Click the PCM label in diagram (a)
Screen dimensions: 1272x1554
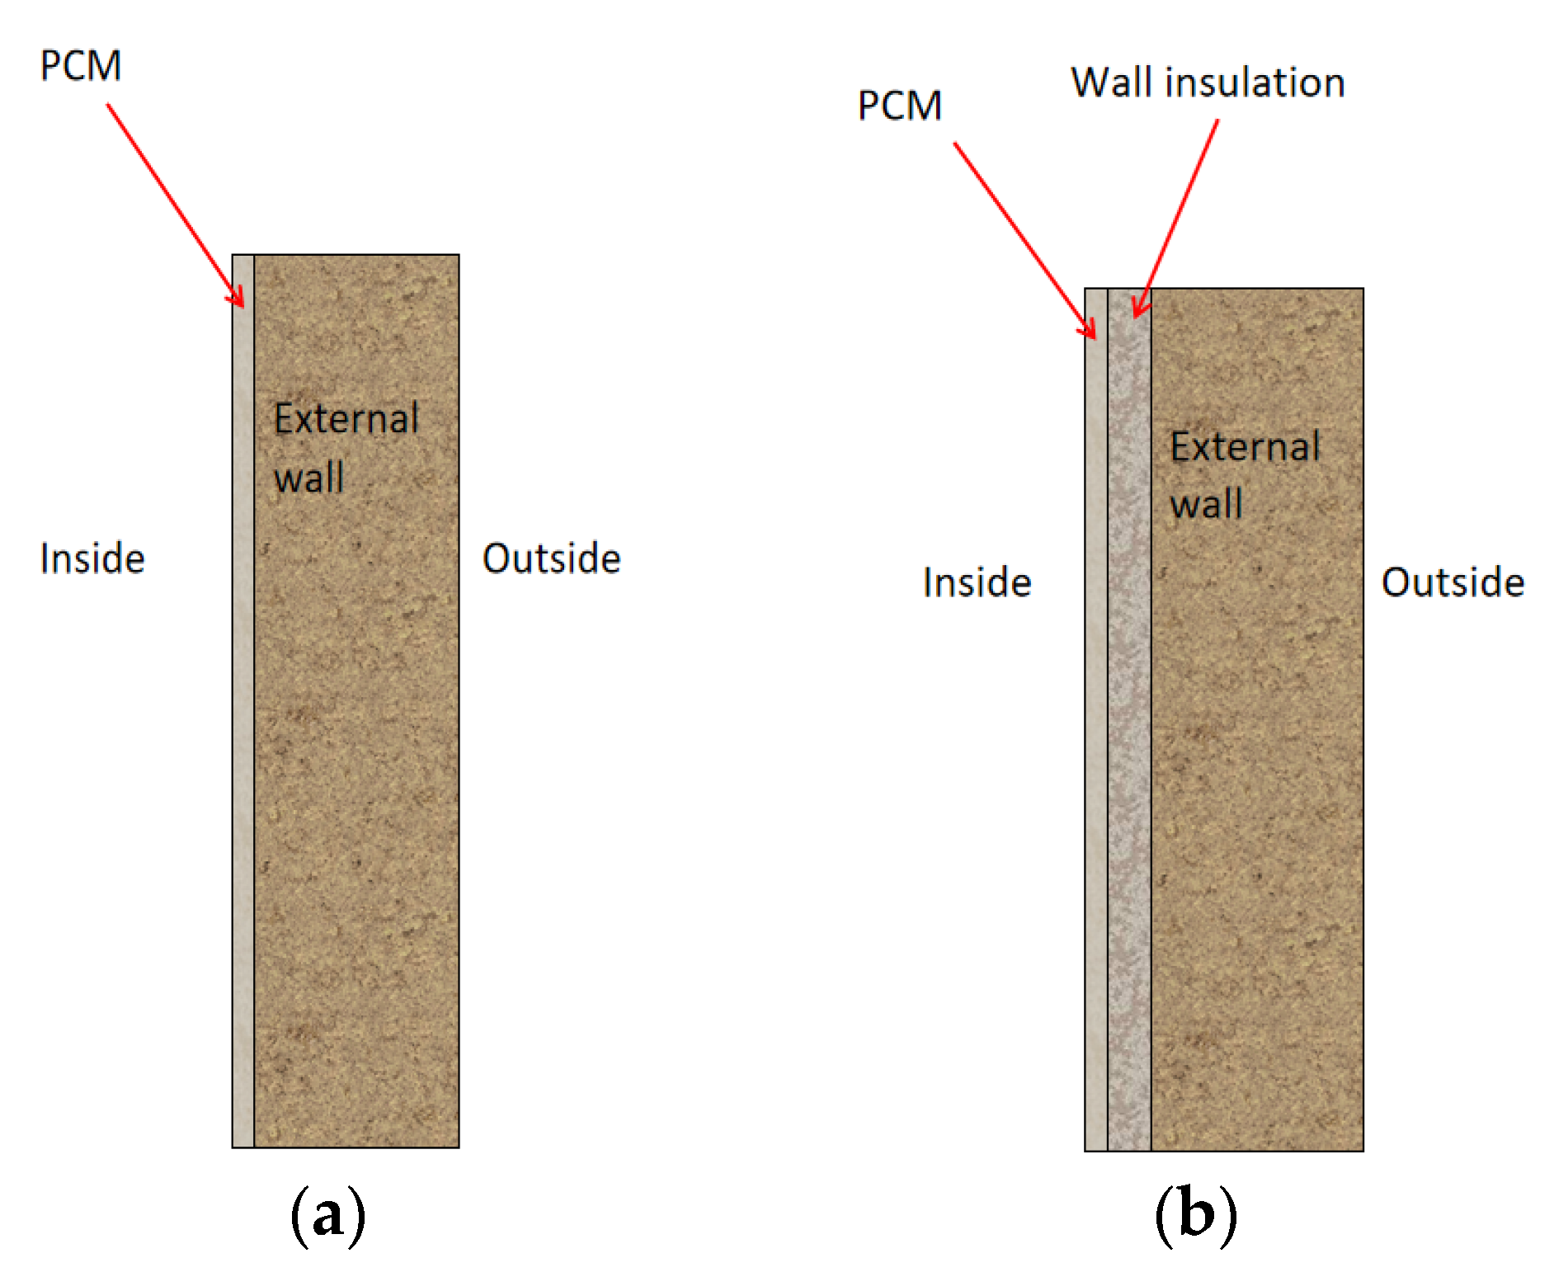(81, 66)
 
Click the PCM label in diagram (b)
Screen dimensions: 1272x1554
(899, 106)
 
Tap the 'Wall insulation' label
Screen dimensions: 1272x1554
(1208, 83)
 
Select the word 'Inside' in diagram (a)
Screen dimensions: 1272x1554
(92, 558)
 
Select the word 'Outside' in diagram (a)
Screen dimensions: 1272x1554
(551, 558)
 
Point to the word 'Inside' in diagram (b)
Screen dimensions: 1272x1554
(977, 582)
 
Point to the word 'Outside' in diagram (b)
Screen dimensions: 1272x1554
(1452, 582)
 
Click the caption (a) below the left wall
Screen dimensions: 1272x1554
(327, 1215)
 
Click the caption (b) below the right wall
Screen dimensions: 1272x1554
(1195, 1215)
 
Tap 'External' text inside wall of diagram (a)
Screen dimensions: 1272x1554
(346, 419)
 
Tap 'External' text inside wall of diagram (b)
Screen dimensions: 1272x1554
(1245, 447)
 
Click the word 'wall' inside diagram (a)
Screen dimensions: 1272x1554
(309, 478)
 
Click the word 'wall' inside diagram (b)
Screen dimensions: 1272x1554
(1206, 504)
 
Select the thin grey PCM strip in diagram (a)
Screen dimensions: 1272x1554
(243, 701)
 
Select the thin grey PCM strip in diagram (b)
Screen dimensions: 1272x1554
(1096, 718)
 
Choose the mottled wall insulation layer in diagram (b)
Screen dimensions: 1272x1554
(1129, 718)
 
